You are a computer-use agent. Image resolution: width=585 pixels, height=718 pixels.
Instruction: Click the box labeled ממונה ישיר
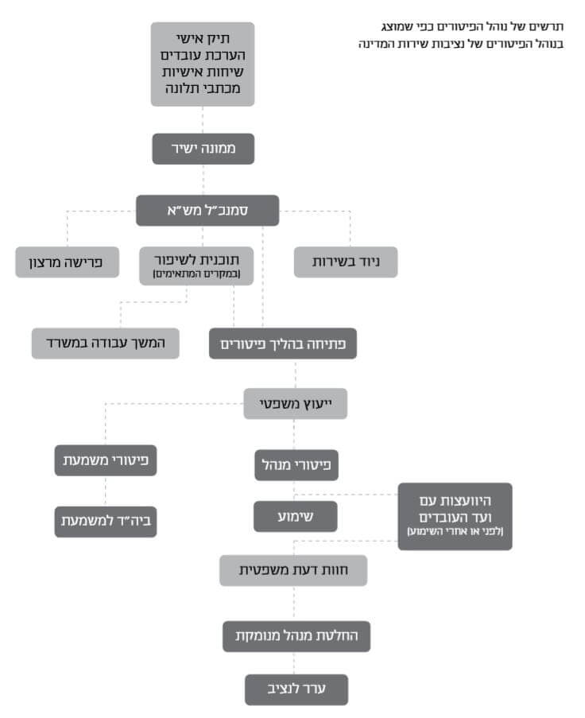pos(203,149)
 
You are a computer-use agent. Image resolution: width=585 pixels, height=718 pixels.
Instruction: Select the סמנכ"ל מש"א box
pos(207,211)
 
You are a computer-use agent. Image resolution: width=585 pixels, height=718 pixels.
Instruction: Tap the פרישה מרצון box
pos(68,262)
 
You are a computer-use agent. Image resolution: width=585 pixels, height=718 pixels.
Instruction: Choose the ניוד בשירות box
pos(346,262)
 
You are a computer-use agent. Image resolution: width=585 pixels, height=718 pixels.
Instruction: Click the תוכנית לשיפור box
pos(196,266)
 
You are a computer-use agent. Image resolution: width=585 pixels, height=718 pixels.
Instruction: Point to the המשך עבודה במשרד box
pos(105,343)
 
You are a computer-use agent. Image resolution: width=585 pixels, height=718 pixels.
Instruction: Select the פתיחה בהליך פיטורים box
pos(283,343)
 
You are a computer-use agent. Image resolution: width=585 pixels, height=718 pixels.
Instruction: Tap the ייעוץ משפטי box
pos(295,404)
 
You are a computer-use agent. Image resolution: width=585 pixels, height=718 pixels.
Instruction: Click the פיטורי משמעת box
pos(106,460)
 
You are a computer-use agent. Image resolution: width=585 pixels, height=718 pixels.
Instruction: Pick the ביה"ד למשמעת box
pos(106,522)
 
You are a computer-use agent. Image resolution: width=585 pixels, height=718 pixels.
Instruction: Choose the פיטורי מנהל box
pos(296,465)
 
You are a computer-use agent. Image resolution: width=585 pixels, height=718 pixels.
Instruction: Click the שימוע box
pos(296,517)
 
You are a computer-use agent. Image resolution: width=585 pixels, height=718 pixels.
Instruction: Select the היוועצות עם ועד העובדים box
pos(455,517)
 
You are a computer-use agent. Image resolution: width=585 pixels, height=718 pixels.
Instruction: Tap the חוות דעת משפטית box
pos(293,571)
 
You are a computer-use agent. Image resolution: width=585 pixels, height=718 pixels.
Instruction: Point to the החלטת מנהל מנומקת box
pos(296,636)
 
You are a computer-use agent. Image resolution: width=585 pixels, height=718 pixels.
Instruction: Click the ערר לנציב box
pos(296,689)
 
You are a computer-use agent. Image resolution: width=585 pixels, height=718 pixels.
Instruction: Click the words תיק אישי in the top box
pos(203,38)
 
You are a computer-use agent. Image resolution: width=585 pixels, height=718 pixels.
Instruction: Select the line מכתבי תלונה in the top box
pos(203,88)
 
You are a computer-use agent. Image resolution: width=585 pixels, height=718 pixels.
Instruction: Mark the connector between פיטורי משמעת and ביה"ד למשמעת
pos(106,491)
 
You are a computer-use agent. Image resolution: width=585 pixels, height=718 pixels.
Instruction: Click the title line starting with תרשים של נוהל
pos(472,26)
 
